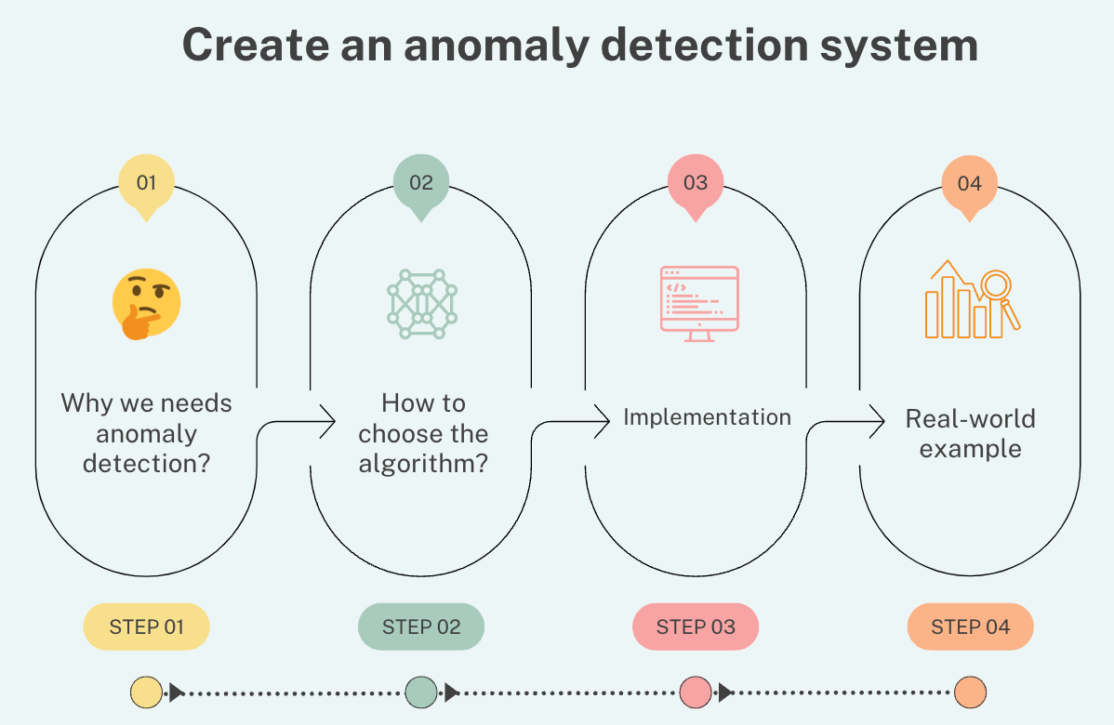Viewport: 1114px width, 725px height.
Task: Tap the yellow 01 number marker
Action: tap(146, 182)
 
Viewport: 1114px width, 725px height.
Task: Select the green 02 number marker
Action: tap(420, 182)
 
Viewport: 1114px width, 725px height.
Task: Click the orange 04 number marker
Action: tap(969, 182)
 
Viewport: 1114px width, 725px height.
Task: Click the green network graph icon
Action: tap(421, 303)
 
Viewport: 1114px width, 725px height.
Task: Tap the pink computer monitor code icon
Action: tap(698, 303)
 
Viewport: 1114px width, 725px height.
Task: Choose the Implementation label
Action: tap(707, 417)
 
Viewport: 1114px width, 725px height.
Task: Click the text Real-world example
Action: tap(970, 433)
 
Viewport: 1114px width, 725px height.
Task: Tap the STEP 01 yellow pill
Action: tap(146, 626)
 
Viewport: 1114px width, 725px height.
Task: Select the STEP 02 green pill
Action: tap(421, 626)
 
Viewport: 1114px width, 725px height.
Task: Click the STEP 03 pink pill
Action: tap(696, 626)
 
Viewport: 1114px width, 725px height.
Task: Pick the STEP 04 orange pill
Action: tap(970, 626)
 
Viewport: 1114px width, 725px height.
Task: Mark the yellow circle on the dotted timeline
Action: tap(146, 692)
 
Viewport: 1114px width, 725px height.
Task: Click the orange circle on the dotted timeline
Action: tap(970, 692)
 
